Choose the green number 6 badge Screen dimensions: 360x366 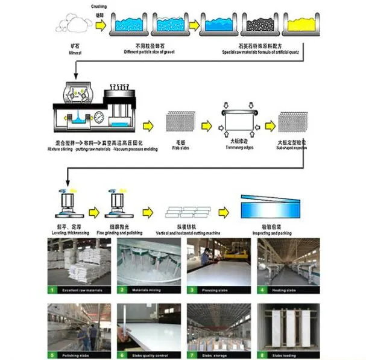coord(122,355)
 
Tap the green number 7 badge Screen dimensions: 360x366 coord(192,355)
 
